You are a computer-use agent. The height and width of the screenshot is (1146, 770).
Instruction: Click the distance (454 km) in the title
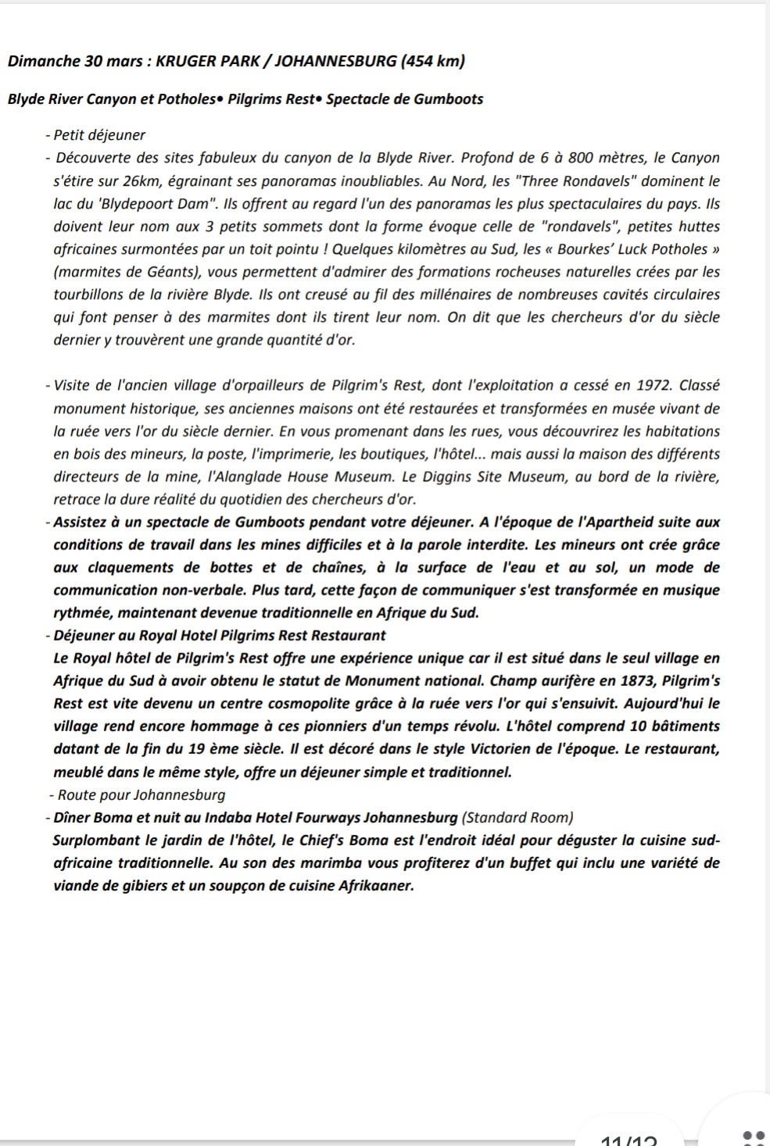tap(432, 61)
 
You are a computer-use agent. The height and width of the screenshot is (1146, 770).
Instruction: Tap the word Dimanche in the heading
tap(41, 61)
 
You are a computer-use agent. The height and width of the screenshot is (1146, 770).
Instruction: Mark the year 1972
tap(655, 385)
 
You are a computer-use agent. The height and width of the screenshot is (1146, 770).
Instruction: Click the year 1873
tap(623, 680)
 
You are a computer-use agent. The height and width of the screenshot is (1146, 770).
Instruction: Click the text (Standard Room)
tap(518, 818)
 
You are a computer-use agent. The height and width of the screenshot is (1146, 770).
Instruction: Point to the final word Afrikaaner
tap(375, 886)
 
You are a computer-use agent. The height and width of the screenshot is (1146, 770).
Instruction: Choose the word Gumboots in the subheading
tap(448, 99)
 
